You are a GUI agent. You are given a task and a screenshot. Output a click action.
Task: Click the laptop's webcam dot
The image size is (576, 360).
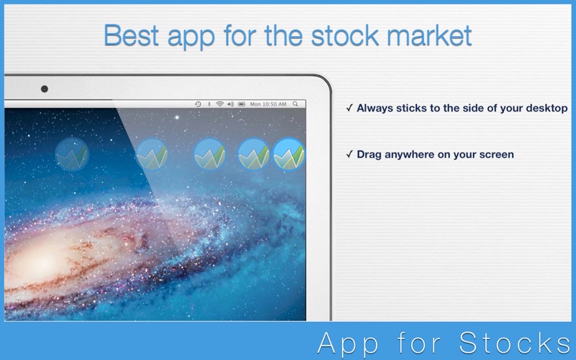pos(45,89)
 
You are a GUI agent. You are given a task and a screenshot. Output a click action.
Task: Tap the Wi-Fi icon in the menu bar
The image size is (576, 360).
pos(220,104)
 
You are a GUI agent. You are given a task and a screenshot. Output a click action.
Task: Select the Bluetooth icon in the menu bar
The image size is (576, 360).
pos(209,104)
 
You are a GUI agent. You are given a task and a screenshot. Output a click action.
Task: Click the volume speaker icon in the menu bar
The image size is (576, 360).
pos(230,104)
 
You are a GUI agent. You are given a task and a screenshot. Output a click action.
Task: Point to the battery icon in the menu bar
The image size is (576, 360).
pos(241,104)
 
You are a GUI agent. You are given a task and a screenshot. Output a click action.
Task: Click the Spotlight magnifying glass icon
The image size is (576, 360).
pos(295,104)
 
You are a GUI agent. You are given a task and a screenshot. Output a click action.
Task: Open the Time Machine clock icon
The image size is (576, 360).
pos(198,104)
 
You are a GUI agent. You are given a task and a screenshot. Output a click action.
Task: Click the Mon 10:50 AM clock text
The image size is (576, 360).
pos(268,104)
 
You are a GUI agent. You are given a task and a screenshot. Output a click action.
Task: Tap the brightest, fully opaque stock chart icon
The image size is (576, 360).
pos(289,154)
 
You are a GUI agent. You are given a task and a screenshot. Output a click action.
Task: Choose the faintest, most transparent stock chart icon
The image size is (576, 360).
pos(72,154)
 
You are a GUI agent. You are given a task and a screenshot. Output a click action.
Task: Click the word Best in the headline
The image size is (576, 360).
pos(132,35)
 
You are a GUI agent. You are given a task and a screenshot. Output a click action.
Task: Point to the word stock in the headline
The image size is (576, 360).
pos(345,35)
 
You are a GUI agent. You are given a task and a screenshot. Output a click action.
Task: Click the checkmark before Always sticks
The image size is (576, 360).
pos(349,107)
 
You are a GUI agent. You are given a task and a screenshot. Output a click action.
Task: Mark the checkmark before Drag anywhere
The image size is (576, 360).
pos(349,154)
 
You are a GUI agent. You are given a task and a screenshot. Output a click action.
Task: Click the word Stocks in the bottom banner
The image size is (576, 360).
pos(515,343)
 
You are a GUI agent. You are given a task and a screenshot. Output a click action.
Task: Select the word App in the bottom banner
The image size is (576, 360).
pos(347,343)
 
